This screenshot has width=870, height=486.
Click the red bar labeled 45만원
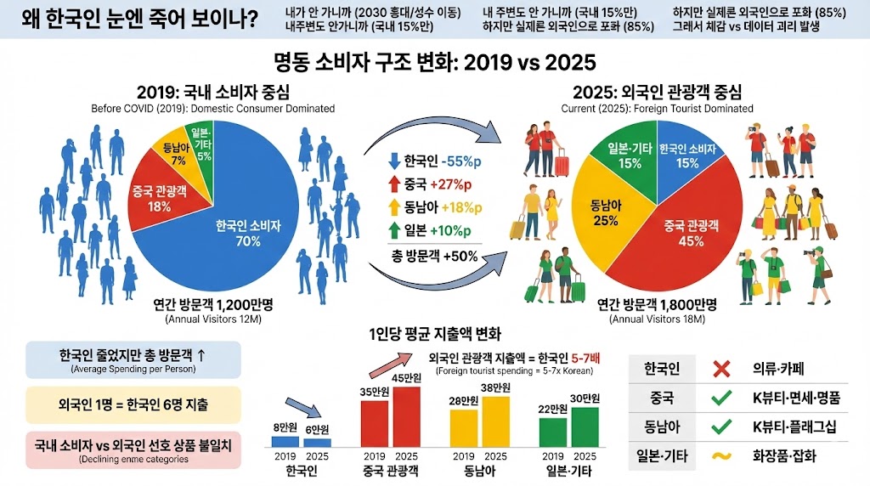pos(405,417)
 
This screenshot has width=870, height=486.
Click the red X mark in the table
pos(721,369)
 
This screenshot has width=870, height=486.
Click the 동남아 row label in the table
pos(663,426)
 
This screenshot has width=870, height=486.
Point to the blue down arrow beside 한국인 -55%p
pos(393,161)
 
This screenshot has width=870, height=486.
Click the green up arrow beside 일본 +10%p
pos(393,231)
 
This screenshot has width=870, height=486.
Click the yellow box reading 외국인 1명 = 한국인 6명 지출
pos(134,404)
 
